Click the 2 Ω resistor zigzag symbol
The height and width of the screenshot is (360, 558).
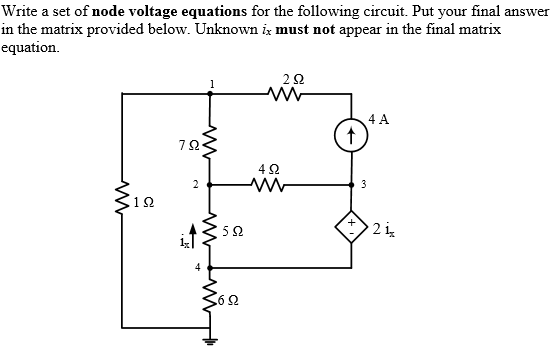[281, 96]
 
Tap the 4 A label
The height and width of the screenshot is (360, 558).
[379, 119]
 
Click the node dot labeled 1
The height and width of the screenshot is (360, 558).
[209, 96]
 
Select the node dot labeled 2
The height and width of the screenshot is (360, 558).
[209, 184]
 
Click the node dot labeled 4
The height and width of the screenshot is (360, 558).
[209, 268]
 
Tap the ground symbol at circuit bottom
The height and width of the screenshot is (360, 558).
[209, 338]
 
